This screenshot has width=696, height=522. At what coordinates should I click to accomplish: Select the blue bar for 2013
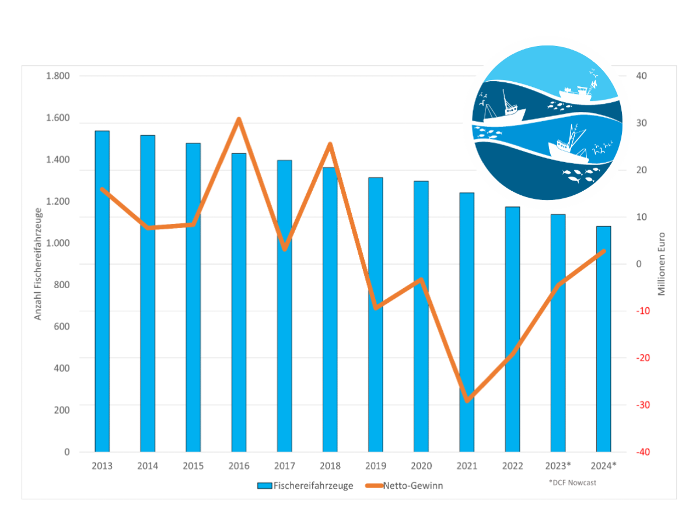(x=102, y=292)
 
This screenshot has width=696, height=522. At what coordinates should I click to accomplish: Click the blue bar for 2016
(x=239, y=303)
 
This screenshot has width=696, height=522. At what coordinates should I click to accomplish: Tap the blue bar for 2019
(x=375, y=315)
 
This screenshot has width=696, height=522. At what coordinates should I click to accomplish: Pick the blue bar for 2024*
(x=603, y=338)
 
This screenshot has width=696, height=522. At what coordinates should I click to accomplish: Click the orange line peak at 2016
(x=239, y=120)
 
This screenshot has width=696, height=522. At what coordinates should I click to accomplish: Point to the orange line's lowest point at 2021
(x=467, y=401)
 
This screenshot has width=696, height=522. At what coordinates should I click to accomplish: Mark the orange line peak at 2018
(x=330, y=144)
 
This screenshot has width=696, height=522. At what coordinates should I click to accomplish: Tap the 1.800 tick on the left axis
(x=58, y=76)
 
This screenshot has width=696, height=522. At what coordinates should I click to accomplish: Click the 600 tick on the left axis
(x=62, y=327)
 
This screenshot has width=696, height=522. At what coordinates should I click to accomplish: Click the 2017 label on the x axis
(x=284, y=466)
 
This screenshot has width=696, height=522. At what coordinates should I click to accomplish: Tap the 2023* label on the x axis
(x=558, y=466)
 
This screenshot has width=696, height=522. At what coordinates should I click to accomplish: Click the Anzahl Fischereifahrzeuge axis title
(x=39, y=264)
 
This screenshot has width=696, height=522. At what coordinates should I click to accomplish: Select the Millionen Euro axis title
(x=662, y=264)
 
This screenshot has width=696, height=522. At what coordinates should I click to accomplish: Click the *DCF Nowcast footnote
(x=572, y=482)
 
